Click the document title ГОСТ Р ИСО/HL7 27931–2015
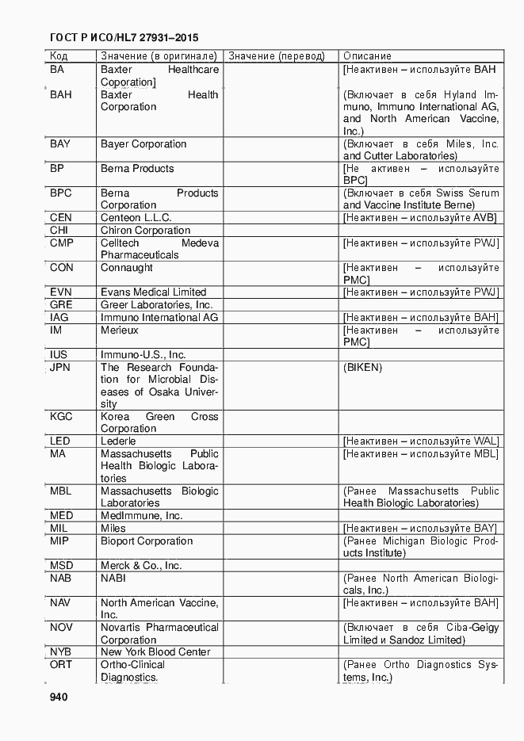(124, 37)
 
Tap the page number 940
(59, 697)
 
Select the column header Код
(59, 56)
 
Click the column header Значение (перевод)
(276, 56)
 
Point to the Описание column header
(367, 56)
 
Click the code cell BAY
(60, 144)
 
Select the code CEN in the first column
(61, 218)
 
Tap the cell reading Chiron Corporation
(145, 231)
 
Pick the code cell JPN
(60, 368)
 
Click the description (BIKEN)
(362, 368)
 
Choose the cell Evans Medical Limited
(153, 292)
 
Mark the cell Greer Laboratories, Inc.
(156, 305)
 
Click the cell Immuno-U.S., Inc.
(143, 355)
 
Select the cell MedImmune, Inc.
(141, 516)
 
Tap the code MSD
(62, 566)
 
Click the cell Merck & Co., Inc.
(141, 566)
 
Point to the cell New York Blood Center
(155, 652)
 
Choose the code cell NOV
(61, 628)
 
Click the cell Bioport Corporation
(147, 541)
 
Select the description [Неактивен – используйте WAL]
(421, 441)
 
